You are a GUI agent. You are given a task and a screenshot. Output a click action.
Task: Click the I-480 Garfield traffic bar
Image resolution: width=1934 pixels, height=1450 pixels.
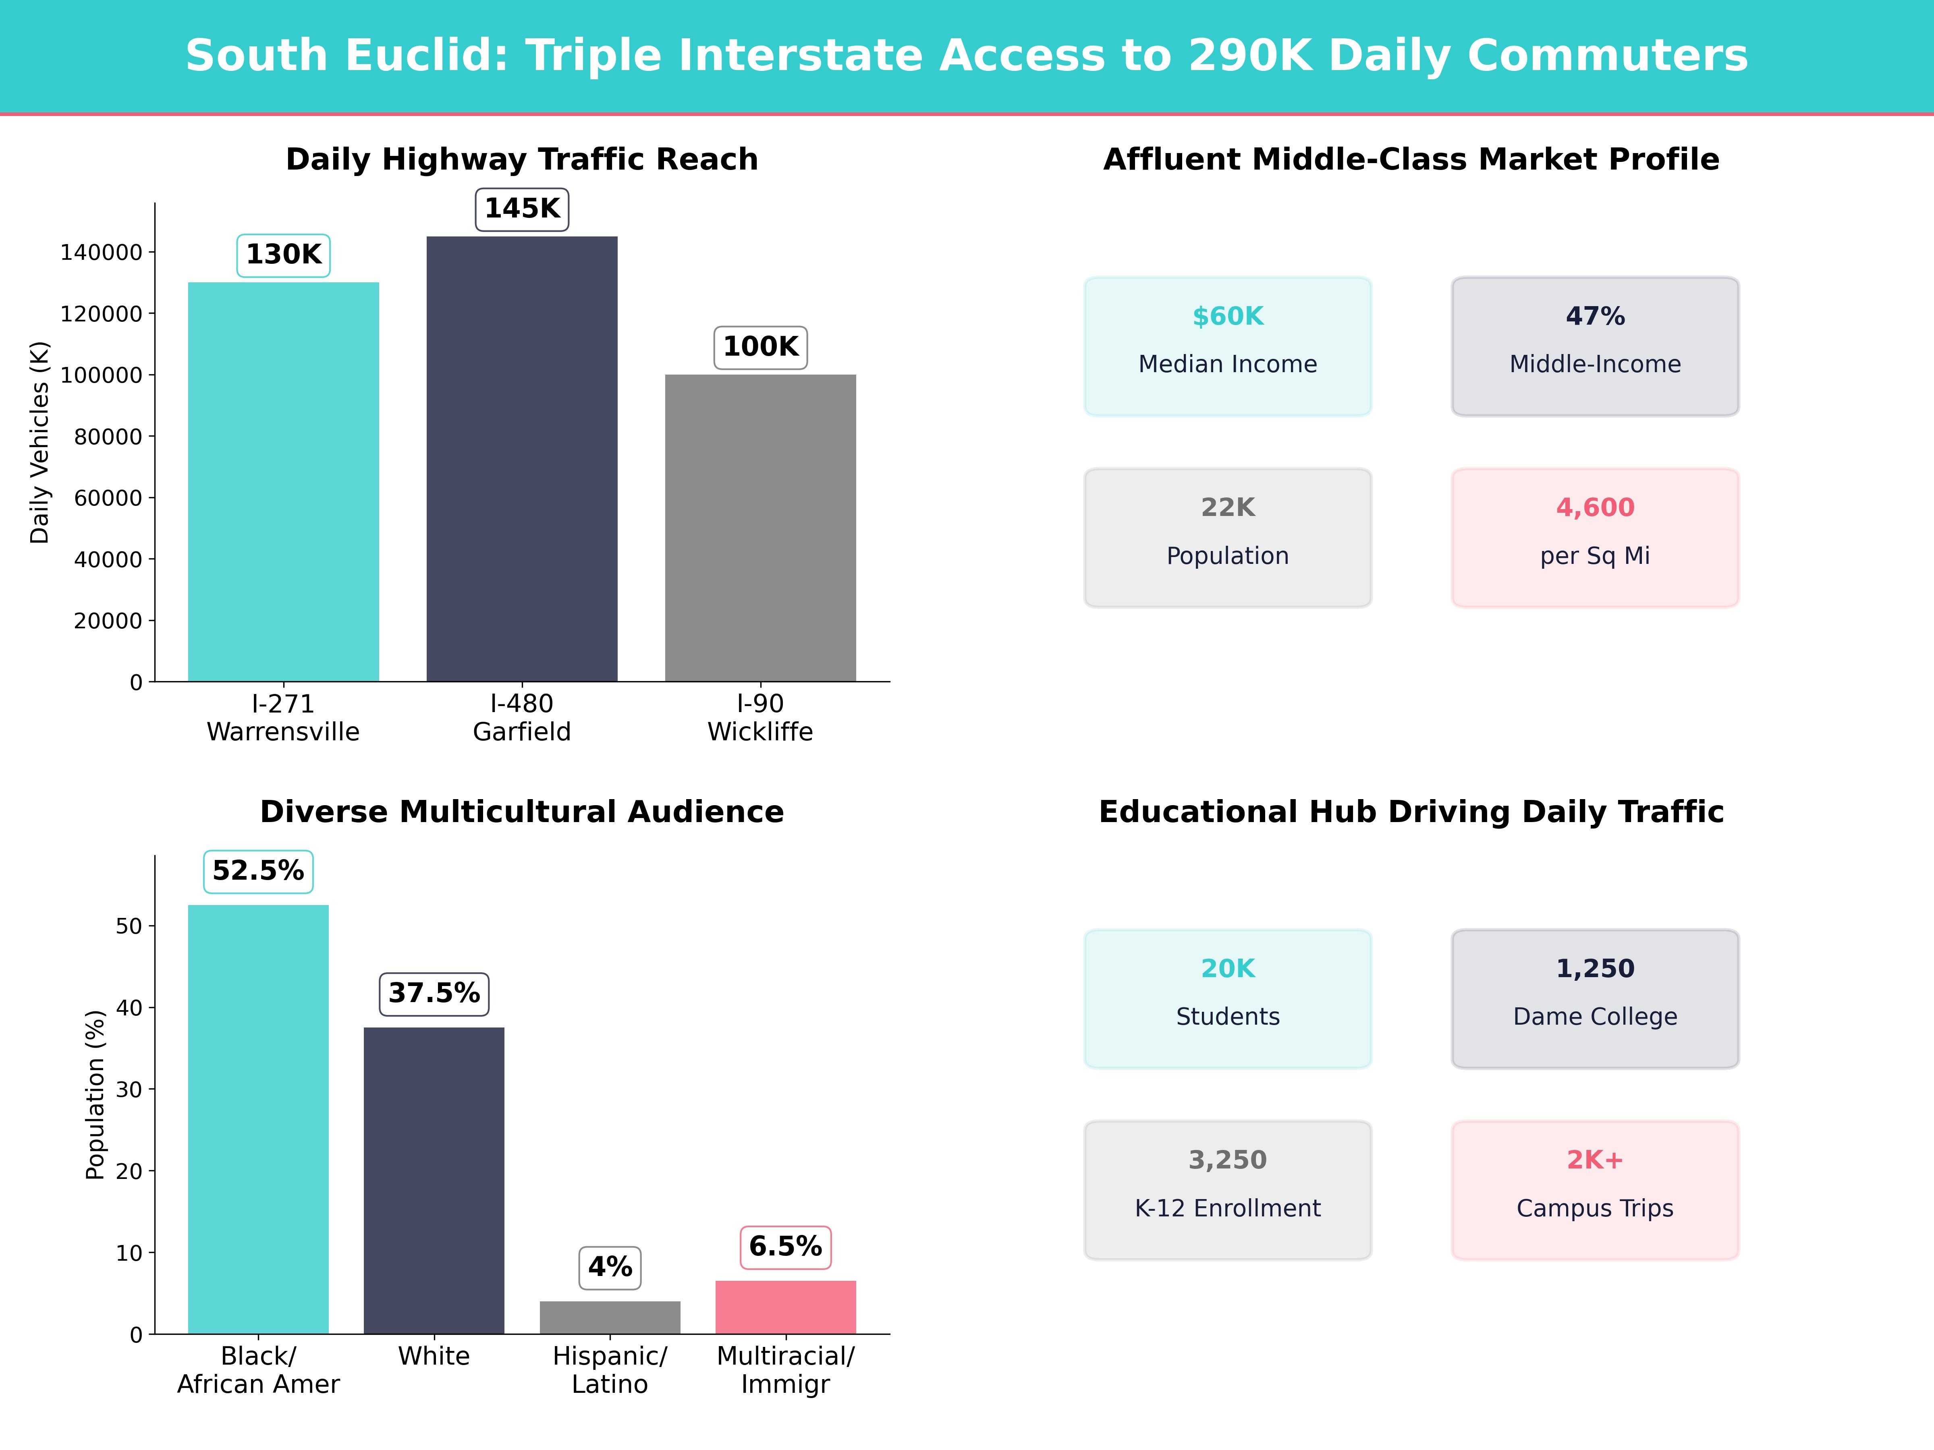pos(522,459)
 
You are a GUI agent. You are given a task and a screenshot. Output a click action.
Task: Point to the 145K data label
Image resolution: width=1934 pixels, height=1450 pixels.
pos(522,209)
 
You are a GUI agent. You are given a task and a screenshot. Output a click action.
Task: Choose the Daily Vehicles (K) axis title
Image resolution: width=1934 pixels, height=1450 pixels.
pos(39,442)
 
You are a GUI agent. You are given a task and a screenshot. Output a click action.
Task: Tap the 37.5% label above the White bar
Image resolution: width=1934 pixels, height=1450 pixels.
pos(434,994)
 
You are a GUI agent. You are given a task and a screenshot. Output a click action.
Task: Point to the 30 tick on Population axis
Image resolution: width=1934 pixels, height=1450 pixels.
pos(129,1089)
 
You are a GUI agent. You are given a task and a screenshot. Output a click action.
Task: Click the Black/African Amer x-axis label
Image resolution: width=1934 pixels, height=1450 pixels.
pos(258,1369)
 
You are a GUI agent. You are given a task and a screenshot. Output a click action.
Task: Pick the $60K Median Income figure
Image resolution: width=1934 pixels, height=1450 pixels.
pos(1228,317)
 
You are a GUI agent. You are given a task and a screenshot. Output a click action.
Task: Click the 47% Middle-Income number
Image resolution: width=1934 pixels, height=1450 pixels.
pos(1595,317)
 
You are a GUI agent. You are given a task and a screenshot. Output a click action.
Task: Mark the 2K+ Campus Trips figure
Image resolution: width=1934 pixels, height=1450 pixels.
pos(1595,1160)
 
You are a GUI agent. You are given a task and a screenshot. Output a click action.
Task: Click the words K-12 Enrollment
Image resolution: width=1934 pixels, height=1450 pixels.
pos(1228,1208)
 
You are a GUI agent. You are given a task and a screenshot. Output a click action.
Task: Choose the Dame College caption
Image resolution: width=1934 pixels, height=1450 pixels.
pos(1595,1017)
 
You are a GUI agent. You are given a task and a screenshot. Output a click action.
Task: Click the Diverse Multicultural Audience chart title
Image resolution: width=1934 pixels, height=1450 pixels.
pos(522,812)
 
